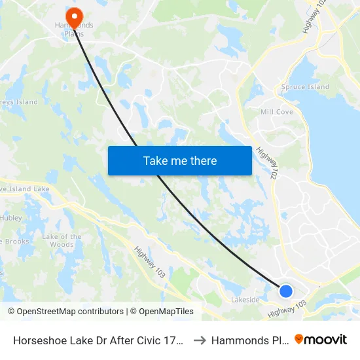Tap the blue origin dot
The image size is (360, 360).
tap(286, 291)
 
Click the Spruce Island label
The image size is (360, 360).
tap(305, 87)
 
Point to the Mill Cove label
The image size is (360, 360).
tap(276, 112)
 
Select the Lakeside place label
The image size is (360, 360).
tap(245, 300)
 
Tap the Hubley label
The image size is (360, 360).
tap(11, 217)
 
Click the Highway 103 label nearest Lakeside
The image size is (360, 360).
tap(287, 309)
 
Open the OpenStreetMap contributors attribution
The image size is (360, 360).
tap(67, 312)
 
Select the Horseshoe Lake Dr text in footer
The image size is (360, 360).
tap(96, 340)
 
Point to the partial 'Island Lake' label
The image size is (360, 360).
tap(25, 189)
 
